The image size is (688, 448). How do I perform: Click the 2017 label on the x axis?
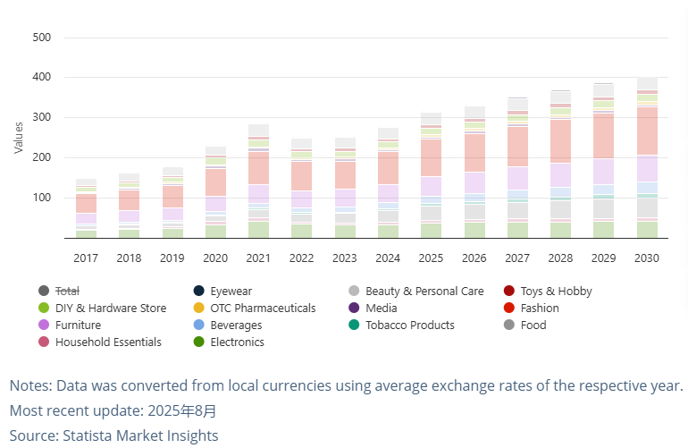[x=86, y=258]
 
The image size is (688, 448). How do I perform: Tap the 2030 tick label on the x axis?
[x=646, y=258]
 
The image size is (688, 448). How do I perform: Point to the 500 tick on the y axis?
[x=41, y=38]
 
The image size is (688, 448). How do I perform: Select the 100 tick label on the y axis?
[x=41, y=198]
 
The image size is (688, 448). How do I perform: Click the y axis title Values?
[x=19, y=137]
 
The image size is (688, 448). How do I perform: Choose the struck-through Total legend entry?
[x=68, y=291]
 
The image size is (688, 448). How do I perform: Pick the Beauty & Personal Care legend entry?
[x=424, y=291]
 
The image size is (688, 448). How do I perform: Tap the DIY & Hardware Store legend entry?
[x=110, y=308]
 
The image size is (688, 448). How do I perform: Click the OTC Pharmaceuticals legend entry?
[x=263, y=308]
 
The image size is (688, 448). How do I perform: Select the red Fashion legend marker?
[x=508, y=308]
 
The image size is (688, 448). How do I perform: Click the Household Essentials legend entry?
[x=108, y=342]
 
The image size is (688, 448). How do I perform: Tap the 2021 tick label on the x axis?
[x=258, y=258]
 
